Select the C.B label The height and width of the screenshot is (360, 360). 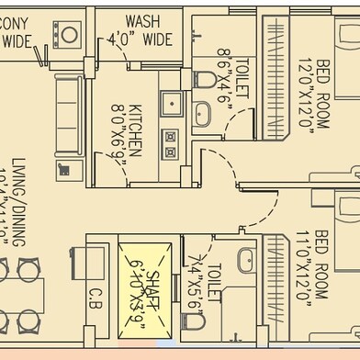[x=96, y=298]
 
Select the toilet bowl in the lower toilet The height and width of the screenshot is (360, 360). [x=241, y=302]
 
